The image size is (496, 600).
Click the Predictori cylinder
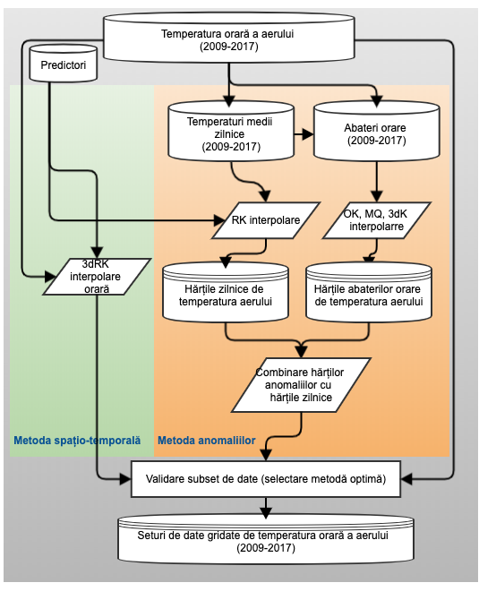pos(63,64)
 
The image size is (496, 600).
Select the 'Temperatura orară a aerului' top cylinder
pos(228,38)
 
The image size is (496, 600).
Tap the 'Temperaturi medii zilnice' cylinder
pos(231,132)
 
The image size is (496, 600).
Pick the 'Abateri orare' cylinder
pos(376,132)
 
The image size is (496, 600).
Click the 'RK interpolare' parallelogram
pos(266,220)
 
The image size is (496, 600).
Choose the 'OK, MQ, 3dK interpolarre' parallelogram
pos(377,220)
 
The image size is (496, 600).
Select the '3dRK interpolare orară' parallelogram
pos(97,277)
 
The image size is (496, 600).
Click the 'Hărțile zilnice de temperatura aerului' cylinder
pos(226,292)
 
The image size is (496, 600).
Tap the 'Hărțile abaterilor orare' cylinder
pos(369,292)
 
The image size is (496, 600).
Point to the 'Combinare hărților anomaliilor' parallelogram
pos(301,384)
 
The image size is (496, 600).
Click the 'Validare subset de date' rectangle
pos(266,479)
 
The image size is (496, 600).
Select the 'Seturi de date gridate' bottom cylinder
pos(266,539)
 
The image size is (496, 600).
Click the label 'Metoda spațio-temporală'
pos(77,441)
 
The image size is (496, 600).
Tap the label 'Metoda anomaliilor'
pos(207,441)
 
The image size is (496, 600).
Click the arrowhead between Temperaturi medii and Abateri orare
pos(308,134)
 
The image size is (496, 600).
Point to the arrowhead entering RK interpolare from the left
pos(219,220)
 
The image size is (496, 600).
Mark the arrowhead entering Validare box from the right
pos(406,479)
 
